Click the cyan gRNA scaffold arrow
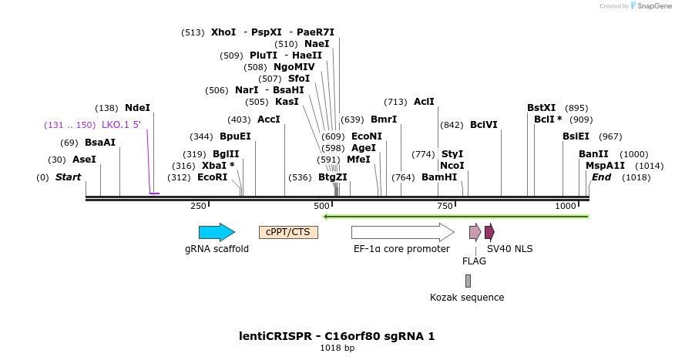pos(216,232)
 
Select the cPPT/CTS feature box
pos(288,232)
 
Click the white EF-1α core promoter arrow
pos(401,232)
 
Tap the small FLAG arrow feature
pos(475,232)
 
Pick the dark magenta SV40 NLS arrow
pos(489,232)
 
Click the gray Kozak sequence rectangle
pos(468,281)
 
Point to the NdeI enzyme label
pos(137,108)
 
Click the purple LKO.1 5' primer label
pos(121,125)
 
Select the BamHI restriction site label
pos(439,177)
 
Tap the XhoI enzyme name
pos(223,32)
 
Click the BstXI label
pos(541,108)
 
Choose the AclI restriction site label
pos(424,102)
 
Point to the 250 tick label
pos(199,206)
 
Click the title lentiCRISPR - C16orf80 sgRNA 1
pos(337,336)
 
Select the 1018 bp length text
pos(337,348)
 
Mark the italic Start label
pos(68,177)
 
